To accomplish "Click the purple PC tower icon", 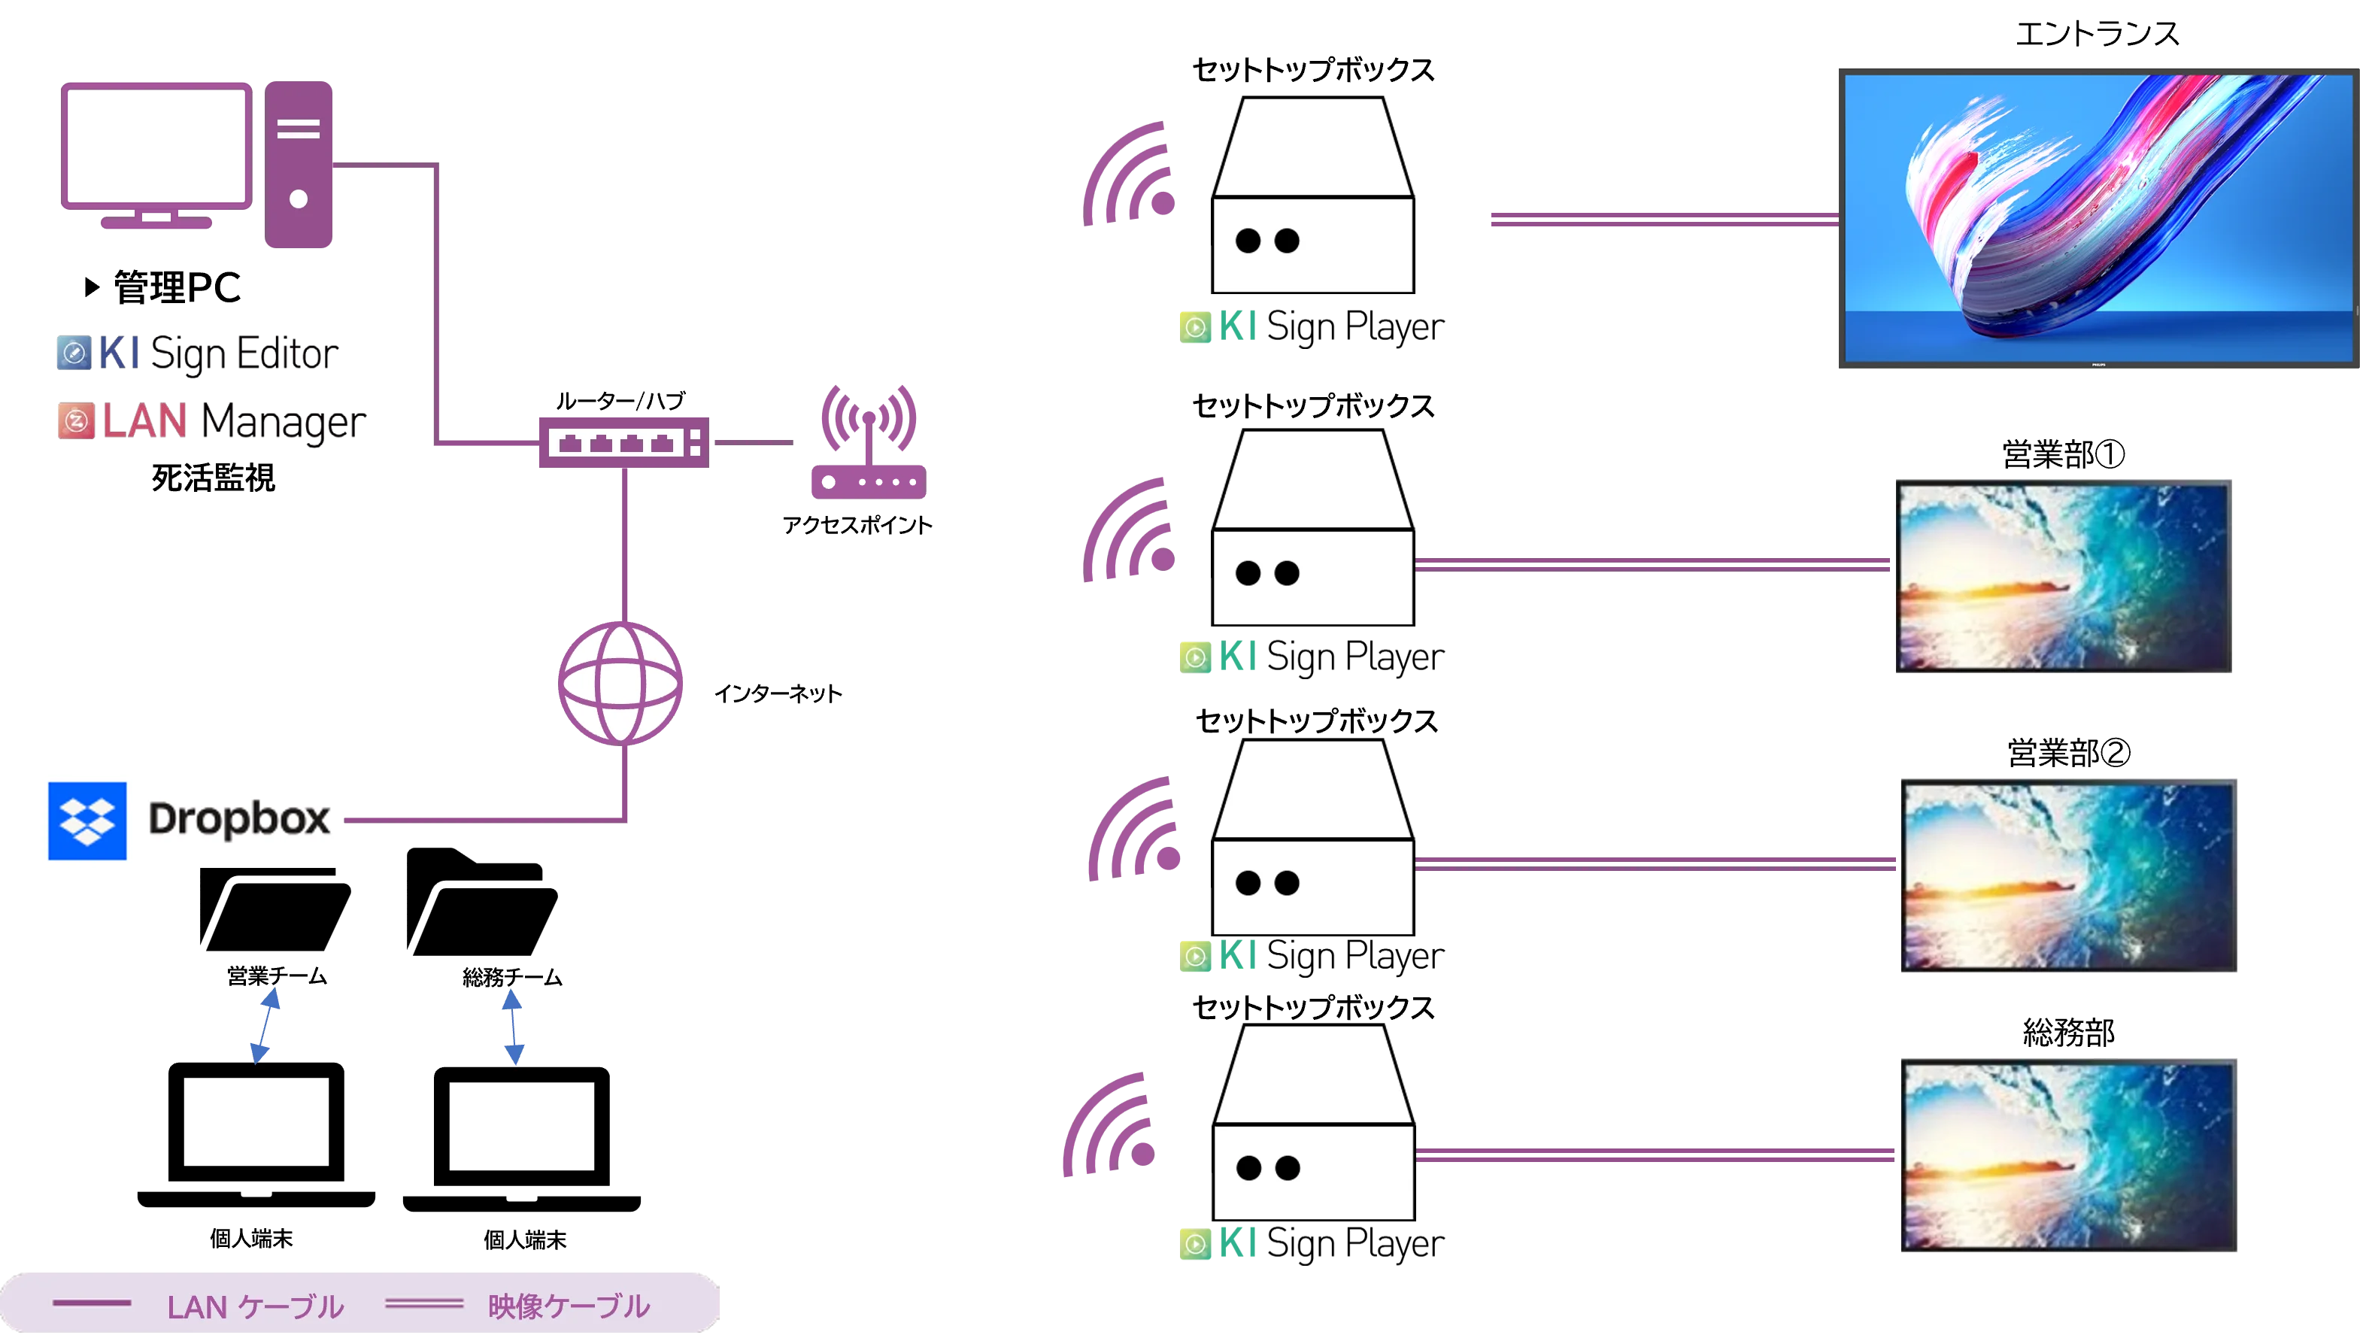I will click(299, 165).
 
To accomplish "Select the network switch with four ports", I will click(622, 443).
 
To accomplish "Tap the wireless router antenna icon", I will click(867, 441).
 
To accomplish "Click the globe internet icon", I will click(621, 683).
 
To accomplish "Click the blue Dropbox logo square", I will click(87, 821).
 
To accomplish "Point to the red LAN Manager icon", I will click(74, 421).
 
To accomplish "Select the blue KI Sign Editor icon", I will click(74, 353).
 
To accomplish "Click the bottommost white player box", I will click(1314, 1124).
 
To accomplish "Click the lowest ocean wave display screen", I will click(2069, 1155).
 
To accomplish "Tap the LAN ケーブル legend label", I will click(254, 1306).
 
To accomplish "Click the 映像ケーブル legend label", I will click(569, 1306).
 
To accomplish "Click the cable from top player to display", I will click(1661, 219).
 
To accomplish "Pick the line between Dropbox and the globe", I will click(487, 818).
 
